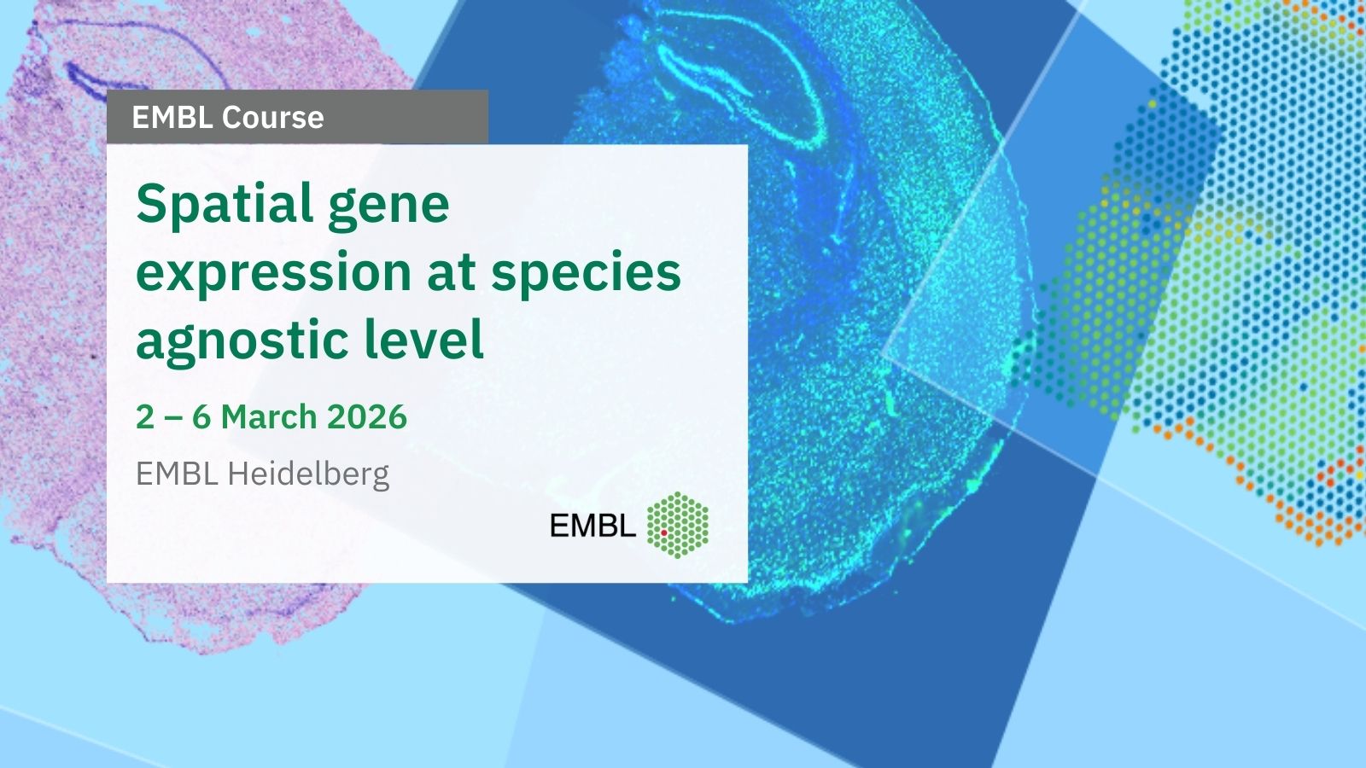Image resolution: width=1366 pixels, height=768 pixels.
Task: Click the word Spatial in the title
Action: tap(225, 206)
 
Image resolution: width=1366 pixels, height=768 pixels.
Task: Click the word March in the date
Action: tap(269, 417)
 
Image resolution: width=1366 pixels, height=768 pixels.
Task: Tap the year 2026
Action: tap(367, 417)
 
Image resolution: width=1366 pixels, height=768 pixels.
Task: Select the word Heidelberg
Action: tap(308, 474)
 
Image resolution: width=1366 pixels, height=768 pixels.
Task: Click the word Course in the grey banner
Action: tap(272, 117)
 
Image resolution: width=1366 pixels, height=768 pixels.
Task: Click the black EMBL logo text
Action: tap(593, 525)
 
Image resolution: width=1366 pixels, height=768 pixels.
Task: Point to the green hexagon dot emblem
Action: tap(678, 525)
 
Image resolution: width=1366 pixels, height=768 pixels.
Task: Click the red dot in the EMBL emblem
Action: tap(663, 532)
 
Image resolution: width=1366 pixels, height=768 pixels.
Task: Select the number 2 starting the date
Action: tap(145, 417)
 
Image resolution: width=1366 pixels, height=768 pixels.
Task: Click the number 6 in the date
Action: tap(201, 417)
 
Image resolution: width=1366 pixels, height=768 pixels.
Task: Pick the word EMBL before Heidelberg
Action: tap(177, 474)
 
